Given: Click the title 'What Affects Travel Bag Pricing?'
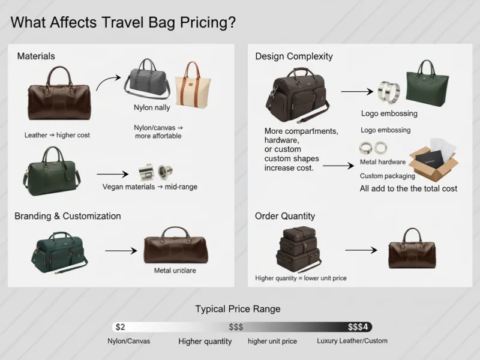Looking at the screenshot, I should (123, 23).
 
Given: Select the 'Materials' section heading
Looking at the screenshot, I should (36, 56).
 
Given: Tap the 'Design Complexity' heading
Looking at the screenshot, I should (293, 56).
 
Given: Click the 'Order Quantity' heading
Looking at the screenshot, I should (285, 216).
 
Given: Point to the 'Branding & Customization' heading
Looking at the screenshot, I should (68, 216).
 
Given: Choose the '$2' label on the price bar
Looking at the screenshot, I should (120, 327).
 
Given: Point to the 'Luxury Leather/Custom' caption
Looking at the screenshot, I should (352, 341).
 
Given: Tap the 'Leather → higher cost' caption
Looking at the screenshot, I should (57, 135).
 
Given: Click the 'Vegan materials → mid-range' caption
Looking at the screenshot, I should (150, 187).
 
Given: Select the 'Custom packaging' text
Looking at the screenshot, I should (387, 176).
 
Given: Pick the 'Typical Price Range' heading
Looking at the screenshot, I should (238, 309).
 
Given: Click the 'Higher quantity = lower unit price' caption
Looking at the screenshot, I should (301, 278).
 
